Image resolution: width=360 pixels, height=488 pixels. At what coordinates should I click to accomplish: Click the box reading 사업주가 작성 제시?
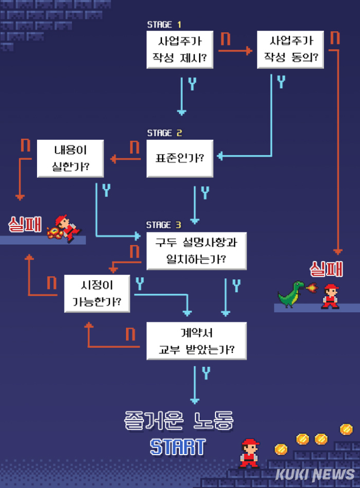(x=180, y=50)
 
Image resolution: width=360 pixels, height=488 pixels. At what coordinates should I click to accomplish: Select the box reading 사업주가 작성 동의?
(x=290, y=50)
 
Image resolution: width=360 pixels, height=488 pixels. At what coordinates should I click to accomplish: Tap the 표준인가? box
(x=180, y=158)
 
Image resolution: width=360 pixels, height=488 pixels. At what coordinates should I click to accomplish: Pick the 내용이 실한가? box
(x=70, y=158)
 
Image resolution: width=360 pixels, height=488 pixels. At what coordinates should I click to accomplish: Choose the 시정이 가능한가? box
(x=97, y=293)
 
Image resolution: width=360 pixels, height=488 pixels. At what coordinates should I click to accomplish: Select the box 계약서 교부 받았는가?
(x=196, y=341)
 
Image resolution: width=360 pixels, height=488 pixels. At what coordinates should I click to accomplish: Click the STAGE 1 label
(x=164, y=24)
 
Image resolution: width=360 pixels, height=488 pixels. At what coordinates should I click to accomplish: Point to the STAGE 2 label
(x=164, y=133)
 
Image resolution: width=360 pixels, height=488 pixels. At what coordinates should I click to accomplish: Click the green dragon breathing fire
(x=291, y=294)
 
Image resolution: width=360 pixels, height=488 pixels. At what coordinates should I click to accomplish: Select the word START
(x=177, y=447)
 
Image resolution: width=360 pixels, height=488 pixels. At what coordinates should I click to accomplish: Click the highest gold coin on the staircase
(x=346, y=429)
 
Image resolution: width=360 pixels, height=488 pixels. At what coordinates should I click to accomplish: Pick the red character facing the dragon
(x=331, y=296)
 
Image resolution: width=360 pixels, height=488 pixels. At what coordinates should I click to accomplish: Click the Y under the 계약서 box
(x=206, y=374)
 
